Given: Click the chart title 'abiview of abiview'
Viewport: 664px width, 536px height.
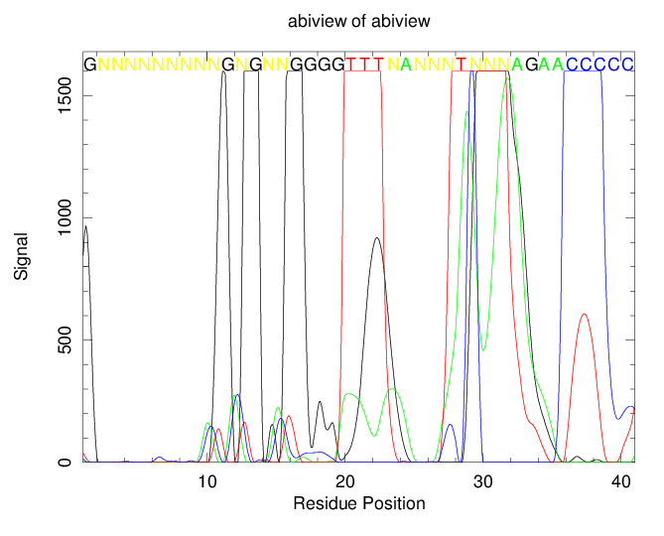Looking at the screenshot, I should coord(332,21).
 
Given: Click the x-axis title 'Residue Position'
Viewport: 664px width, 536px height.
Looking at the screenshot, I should coord(359,503).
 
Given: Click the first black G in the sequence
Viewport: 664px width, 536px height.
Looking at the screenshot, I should coord(90,65).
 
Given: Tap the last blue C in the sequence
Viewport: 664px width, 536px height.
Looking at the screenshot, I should coord(627,65).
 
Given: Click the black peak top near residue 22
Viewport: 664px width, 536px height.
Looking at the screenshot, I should coord(376,237).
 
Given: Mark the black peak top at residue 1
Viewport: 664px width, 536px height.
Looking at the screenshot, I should coord(86,226).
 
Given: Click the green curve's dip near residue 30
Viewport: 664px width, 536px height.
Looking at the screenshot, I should coord(483,349).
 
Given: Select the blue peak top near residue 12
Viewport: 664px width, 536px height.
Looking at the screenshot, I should coord(236,395).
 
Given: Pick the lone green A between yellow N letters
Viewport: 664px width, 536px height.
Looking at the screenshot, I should coord(406,65).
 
